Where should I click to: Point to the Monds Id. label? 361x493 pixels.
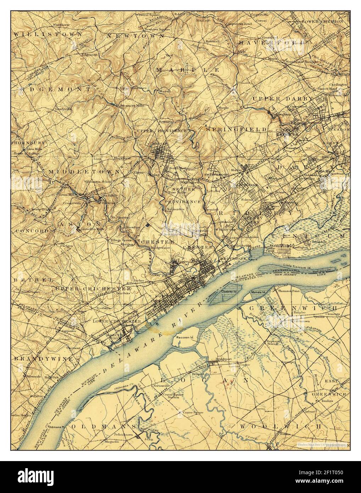click(x=257, y=292)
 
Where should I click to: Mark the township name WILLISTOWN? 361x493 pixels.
click(x=48, y=34)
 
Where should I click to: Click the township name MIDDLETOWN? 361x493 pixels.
click(x=84, y=172)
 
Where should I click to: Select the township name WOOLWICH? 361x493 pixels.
click(x=280, y=425)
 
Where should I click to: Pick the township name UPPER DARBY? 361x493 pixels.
click(x=282, y=98)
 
